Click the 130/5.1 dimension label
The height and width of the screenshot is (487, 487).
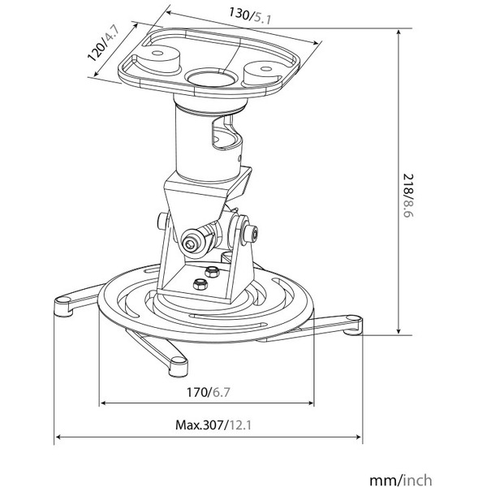tap(250, 16)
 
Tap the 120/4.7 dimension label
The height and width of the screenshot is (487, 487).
tap(103, 43)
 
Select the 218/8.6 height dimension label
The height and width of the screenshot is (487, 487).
tap(408, 196)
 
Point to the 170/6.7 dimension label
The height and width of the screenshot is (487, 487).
tap(208, 392)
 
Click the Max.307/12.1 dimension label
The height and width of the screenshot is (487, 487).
tap(213, 425)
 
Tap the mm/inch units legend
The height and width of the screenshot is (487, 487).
tap(401, 480)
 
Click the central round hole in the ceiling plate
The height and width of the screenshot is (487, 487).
tap(212, 78)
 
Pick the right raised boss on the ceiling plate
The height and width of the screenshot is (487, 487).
tap(263, 73)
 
